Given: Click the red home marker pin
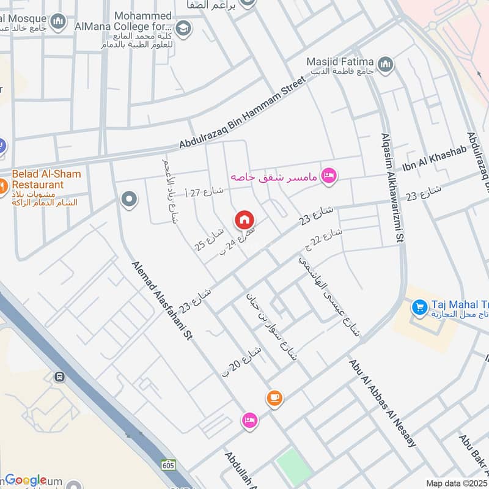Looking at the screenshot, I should tap(244, 219).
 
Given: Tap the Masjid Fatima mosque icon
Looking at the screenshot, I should tap(386, 64).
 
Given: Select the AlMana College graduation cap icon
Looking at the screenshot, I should tap(182, 28).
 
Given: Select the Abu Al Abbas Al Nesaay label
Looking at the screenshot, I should tap(383, 403).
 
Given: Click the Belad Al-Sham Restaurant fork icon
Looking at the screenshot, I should tap(2, 183).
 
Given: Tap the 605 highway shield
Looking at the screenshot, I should tap(169, 465).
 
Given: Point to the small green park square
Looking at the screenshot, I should tap(293, 465).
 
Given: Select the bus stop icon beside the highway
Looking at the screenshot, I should tap(60, 377).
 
